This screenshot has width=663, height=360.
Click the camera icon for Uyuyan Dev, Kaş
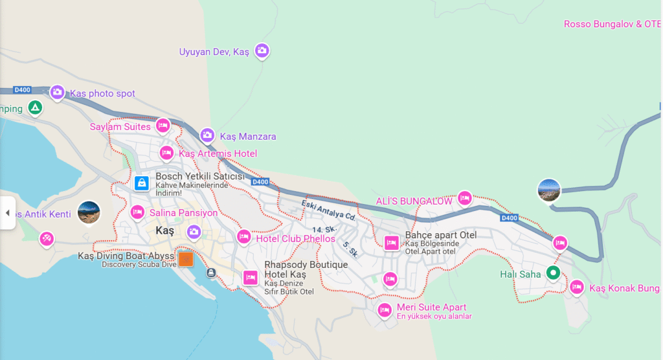262,51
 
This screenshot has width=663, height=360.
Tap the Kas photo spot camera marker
58,93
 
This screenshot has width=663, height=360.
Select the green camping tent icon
36,108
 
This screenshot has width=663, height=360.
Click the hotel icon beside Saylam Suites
163,126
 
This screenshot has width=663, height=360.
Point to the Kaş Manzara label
248,137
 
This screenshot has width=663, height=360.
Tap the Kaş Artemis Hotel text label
218,153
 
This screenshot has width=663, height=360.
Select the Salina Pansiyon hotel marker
137,212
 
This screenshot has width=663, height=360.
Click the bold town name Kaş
165,231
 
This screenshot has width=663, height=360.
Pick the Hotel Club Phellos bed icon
244,238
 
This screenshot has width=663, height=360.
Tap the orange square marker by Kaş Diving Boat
186,259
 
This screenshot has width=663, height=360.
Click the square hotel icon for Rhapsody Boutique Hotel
251,278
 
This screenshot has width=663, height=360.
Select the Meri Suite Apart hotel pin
385,310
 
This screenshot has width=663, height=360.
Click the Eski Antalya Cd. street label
329,209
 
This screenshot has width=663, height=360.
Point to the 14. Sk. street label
322,230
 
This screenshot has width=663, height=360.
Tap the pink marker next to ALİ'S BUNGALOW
464,198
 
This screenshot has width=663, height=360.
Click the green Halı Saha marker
552,273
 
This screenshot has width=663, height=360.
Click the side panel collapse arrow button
8,212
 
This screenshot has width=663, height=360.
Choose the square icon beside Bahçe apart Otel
391,243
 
